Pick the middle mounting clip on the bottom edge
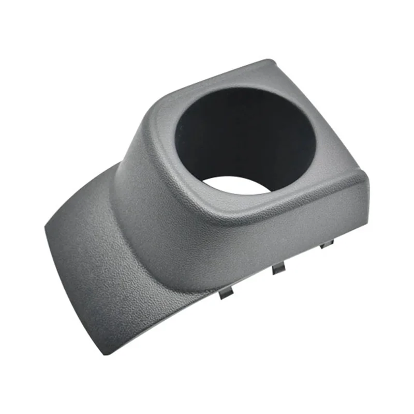[278, 268]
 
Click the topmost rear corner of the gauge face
[269, 63]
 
